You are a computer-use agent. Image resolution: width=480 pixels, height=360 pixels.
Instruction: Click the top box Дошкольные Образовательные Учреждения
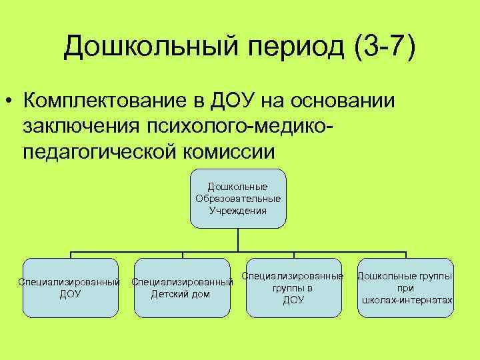(238, 198)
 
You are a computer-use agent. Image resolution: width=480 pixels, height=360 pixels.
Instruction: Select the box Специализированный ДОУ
(70, 287)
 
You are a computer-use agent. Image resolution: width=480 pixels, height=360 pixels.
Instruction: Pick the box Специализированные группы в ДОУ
(293, 287)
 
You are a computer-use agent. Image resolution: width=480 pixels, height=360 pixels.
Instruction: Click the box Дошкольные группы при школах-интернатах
(405, 287)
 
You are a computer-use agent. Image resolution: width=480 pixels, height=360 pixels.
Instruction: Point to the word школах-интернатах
(407, 300)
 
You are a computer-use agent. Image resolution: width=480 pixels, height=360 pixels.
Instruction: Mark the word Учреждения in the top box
(238, 211)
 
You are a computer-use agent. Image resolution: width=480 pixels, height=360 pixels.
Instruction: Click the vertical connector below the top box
(238, 240)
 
